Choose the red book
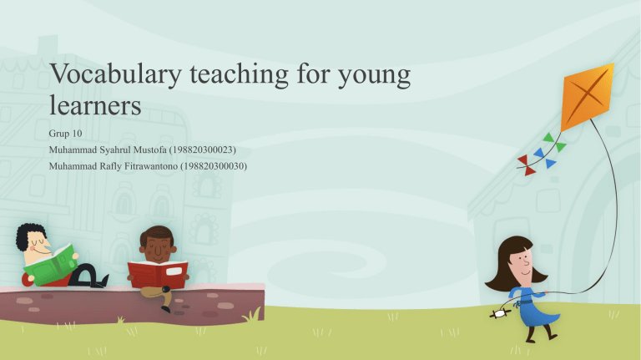tap(159, 272)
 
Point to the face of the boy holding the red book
tap(158, 245)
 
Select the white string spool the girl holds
tap(498, 313)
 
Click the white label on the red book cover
tap(175, 271)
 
